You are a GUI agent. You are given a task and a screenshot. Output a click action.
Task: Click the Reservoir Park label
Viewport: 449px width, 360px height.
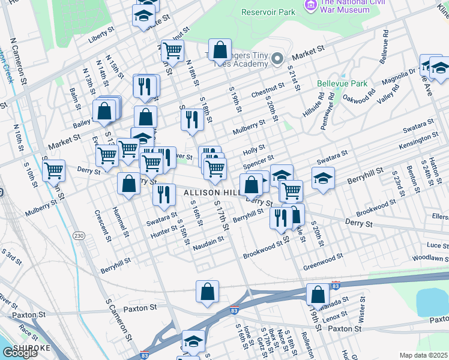[x=268, y=12]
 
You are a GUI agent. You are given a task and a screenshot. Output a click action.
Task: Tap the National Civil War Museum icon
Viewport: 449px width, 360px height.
[x=311, y=5]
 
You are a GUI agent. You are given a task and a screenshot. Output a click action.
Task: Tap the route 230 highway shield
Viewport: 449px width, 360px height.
[x=79, y=236]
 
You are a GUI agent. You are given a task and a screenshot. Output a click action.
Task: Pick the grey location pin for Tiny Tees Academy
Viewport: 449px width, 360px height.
[x=277, y=59]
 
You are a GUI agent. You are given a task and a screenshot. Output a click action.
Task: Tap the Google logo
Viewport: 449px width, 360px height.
[x=20, y=353]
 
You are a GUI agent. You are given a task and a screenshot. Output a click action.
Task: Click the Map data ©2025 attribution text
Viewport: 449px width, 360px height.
[x=423, y=355]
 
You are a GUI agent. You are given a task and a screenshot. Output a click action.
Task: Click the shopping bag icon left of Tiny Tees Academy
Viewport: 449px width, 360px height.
[x=220, y=50]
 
